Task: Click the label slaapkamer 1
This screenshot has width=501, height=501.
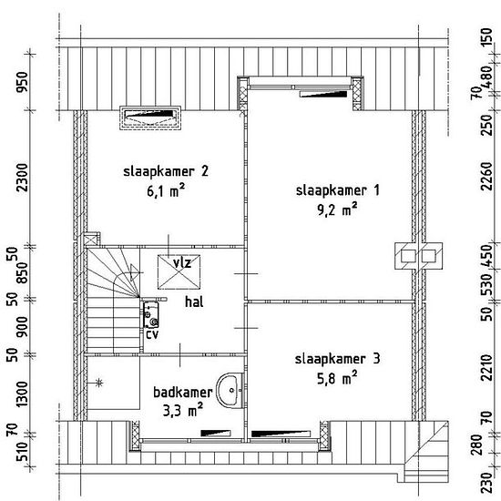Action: point(337,190)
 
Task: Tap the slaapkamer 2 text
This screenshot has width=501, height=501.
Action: point(166,171)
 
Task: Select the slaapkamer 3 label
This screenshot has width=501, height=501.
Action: point(337,359)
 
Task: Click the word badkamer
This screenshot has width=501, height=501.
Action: point(183,393)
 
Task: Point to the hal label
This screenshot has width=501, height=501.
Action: point(194,302)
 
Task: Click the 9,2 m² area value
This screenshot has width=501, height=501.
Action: point(337,210)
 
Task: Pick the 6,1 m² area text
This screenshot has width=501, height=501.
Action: point(166,190)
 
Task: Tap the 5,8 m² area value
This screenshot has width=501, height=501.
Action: point(337,378)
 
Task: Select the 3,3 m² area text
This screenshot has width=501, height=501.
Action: point(183,410)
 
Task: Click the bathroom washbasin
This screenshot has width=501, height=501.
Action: point(230,390)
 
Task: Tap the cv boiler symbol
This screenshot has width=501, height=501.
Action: point(150,315)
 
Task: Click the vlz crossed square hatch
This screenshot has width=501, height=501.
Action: point(179,272)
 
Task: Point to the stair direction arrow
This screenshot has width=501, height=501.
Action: point(135,272)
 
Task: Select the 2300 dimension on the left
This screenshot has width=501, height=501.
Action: point(23,178)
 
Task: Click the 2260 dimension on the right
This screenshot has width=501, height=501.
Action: point(487,177)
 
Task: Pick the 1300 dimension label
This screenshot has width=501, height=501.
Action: point(23,394)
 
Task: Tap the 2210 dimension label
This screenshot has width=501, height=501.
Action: point(487,367)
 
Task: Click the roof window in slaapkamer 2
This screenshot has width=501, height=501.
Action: point(150,118)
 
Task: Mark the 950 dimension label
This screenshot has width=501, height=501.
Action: point(23,82)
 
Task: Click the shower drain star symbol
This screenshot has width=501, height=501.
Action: point(99,383)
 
